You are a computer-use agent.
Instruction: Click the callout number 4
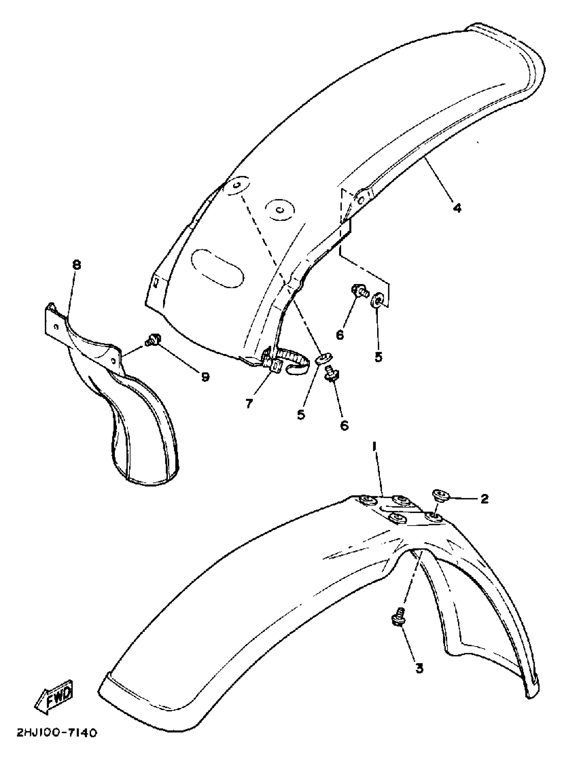tap(457, 207)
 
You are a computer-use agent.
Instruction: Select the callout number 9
tap(205, 376)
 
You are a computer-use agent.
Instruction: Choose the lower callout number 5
tap(301, 415)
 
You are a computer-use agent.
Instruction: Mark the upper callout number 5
tap(378, 357)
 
